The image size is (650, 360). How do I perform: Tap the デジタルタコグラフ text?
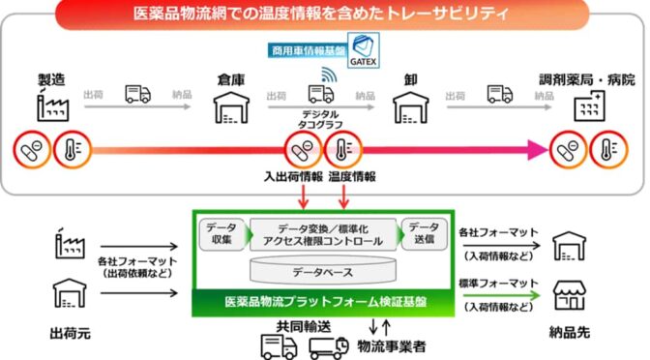(321, 118)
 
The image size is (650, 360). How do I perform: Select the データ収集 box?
(221, 233)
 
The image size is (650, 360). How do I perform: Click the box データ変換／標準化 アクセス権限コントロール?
(320, 233)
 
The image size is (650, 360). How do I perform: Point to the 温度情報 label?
(352, 176)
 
